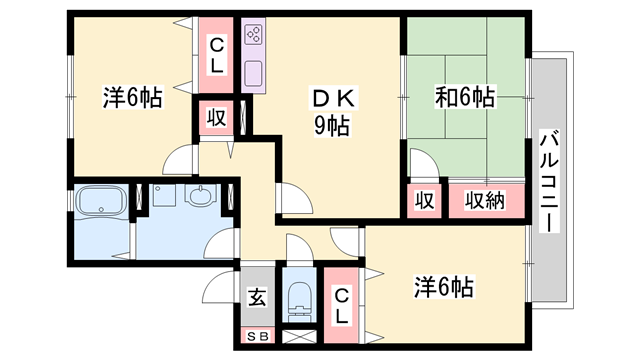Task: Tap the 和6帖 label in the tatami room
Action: [464, 97]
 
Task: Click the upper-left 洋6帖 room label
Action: [133, 98]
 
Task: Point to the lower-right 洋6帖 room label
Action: [443, 288]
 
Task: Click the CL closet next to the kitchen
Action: [216, 53]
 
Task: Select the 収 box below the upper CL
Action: [216, 116]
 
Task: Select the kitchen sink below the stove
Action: [253, 73]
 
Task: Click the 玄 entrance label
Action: [255, 297]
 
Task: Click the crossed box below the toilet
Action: [299, 338]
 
